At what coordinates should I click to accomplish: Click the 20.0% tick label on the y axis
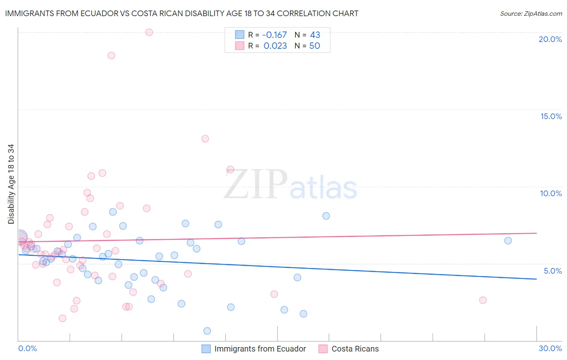pos(550,39)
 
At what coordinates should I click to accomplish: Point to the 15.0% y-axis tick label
pos(551,116)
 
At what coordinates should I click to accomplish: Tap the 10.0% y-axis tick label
pos(551,193)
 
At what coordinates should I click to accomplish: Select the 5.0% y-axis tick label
pos(552,271)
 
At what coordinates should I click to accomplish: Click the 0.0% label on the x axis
pos(27,348)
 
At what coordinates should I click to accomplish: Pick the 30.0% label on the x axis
pos(550,348)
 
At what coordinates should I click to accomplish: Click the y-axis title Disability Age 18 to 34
pos(11,184)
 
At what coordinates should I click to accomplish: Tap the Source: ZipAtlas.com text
pos(531,14)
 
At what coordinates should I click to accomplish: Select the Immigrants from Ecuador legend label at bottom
pos(260,349)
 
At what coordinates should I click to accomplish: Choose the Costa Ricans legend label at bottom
pos(355,349)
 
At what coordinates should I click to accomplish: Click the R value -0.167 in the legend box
pos(274,35)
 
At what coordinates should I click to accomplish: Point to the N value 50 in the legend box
pos(315,46)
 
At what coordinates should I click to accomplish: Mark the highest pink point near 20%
pos(149,32)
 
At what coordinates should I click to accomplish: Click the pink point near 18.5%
pos(111,55)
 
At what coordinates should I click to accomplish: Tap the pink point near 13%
pos(205,139)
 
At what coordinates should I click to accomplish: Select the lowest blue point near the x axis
pos(207,331)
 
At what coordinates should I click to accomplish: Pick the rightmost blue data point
pos(508,241)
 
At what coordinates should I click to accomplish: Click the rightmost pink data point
pos(483,300)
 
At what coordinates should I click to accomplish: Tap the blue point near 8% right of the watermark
pos(326,216)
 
